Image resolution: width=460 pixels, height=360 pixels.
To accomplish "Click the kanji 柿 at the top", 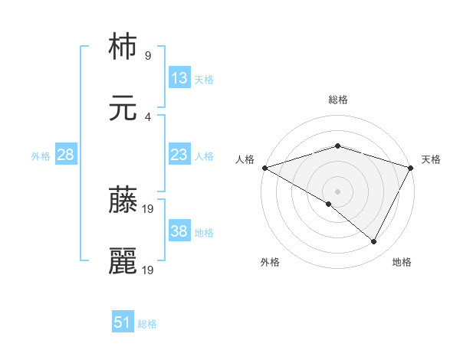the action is tap(123, 47).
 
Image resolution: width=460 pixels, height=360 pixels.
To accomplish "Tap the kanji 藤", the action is tap(123, 201).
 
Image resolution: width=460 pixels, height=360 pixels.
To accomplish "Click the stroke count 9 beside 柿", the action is tap(147, 56).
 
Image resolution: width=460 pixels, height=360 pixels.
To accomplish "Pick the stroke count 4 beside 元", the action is tap(147, 117).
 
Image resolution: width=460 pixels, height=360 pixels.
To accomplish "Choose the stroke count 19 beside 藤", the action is tap(149, 208).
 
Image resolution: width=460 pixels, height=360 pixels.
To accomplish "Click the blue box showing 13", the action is tap(179, 78).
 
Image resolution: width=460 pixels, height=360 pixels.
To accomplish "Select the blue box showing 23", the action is tap(179, 155).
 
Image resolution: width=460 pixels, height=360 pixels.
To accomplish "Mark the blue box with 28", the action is tap(66, 155).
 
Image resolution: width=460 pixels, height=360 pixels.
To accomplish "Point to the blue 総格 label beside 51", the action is tap(147, 324).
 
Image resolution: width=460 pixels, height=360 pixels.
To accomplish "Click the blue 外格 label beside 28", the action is tap(41, 155).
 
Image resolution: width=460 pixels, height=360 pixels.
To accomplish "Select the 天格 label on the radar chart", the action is tap(431, 159).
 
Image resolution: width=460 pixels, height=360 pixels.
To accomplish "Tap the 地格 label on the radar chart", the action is tap(402, 262).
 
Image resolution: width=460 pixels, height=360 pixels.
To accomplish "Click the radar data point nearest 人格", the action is tap(264, 168).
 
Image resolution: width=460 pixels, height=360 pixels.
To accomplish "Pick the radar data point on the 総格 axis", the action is tap(337, 146).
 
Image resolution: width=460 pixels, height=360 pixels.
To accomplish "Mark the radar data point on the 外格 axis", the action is tap(329, 204).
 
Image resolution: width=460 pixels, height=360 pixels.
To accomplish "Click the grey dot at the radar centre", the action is tap(337, 191).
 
